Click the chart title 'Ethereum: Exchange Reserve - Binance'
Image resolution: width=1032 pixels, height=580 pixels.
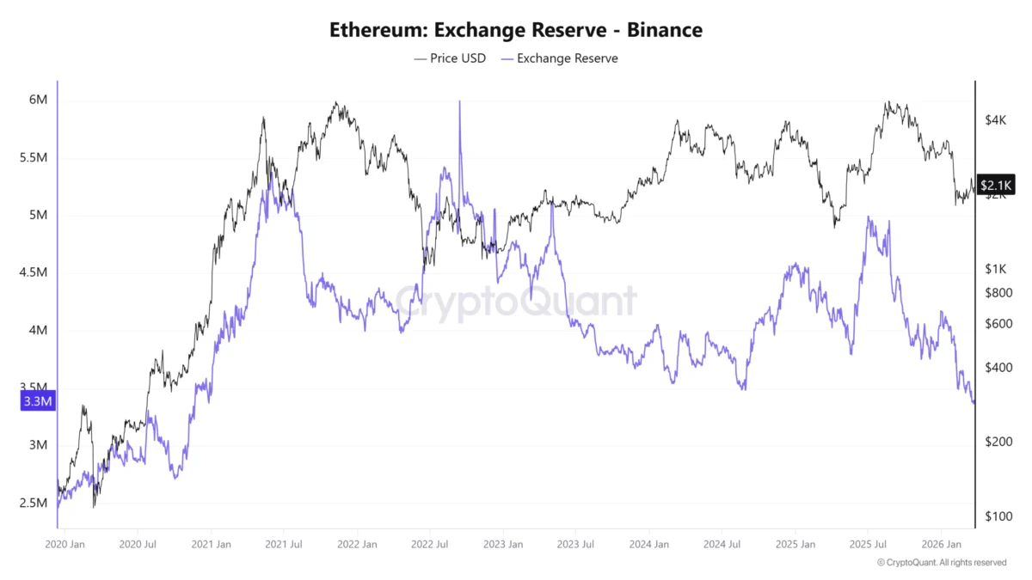click(x=516, y=30)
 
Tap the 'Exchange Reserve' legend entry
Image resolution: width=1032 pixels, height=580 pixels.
click(x=560, y=58)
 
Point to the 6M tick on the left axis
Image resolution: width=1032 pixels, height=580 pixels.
click(x=38, y=100)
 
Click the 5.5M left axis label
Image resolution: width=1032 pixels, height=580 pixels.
click(x=34, y=158)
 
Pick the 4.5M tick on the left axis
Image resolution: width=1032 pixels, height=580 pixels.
click(x=34, y=273)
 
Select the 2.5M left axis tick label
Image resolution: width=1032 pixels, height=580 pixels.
click(x=34, y=503)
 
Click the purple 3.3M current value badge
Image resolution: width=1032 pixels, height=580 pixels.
click(x=37, y=401)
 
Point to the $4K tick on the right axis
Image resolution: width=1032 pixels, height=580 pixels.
click(x=996, y=120)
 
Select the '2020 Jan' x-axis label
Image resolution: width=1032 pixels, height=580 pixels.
click(x=64, y=544)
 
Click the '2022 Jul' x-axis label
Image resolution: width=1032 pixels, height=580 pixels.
click(x=430, y=544)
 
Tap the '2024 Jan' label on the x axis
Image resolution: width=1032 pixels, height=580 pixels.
click(x=649, y=544)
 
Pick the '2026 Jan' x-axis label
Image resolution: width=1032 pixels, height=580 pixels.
click(x=941, y=544)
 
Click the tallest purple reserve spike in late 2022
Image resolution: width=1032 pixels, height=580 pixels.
click(x=459, y=103)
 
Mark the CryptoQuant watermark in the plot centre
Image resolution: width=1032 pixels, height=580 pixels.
click(x=516, y=302)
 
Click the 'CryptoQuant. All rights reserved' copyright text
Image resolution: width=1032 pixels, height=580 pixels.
click(x=942, y=562)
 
